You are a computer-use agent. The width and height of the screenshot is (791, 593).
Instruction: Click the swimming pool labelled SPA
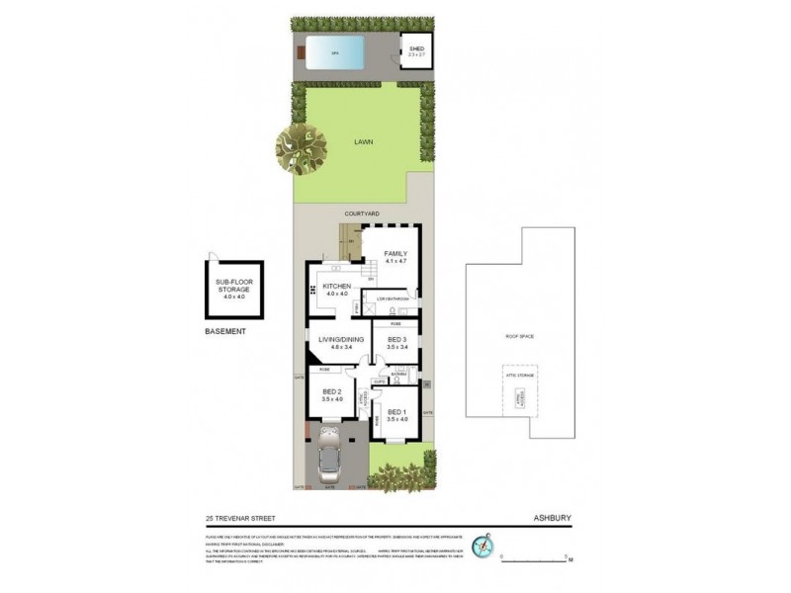click(x=335, y=52)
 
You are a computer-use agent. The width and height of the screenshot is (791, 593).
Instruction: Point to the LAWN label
click(x=363, y=142)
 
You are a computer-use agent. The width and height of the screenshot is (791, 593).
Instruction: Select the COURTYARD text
click(x=363, y=213)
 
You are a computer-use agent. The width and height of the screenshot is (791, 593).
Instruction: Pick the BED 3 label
click(x=397, y=343)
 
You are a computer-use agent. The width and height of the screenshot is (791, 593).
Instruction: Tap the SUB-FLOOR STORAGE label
click(x=232, y=289)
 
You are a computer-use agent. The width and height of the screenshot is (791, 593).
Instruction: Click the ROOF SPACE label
click(x=519, y=337)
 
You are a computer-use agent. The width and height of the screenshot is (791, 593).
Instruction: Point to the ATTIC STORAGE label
click(x=519, y=377)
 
